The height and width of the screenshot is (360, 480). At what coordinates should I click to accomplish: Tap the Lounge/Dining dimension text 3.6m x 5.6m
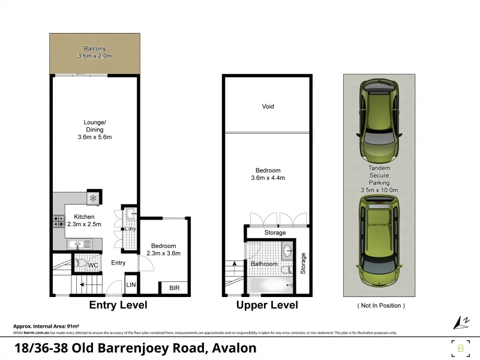click(x=94, y=137)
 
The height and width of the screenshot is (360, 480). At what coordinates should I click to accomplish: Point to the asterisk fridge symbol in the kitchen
click(x=92, y=198)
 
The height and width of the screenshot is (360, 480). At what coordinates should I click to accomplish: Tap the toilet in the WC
click(x=80, y=263)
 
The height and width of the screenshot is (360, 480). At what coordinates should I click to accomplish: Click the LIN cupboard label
click(x=131, y=285)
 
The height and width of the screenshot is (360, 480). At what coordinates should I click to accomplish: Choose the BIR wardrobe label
click(x=174, y=288)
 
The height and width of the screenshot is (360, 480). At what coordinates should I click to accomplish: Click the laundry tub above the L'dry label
click(x=131, y=213)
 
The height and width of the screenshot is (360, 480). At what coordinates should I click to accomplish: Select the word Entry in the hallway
click(x=118, y=263)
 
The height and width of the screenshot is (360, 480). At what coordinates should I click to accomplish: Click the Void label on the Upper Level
click(x=268, y=106)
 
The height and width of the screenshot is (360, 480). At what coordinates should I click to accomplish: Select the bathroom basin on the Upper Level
click(x=287, y=251)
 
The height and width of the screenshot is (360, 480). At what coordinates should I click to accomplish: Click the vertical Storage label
click(x=303, y=263)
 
